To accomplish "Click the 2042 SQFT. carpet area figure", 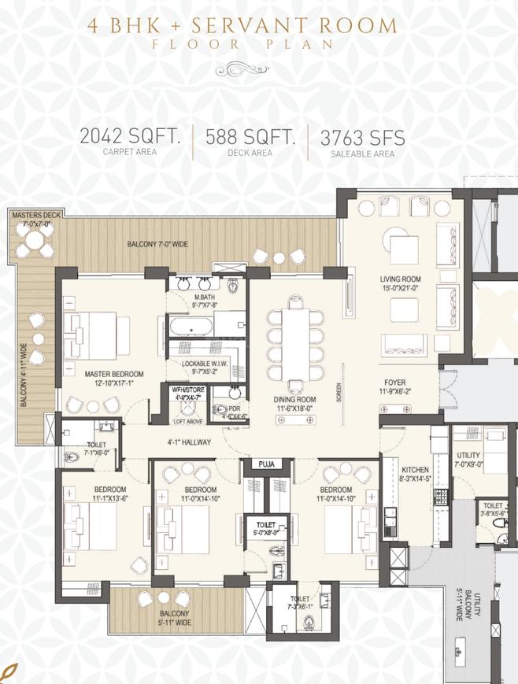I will coord(130,138).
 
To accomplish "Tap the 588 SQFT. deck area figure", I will coord(250,138).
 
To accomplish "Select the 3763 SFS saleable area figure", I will coord(363,138).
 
